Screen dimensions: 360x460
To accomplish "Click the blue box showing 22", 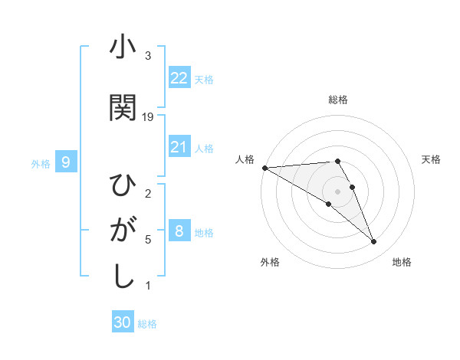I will [179, 77].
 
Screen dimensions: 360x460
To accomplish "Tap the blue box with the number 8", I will [179, 231].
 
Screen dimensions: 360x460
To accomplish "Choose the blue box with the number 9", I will [66, 162].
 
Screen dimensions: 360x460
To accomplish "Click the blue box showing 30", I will [123, 322].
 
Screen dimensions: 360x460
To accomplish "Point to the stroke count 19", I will [148, 117].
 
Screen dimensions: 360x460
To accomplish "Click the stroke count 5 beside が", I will [148, 240].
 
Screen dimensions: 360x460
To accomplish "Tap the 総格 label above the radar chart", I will [338, 100].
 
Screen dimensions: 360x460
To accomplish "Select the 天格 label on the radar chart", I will [432, 159].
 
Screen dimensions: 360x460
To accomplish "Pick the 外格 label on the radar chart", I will [270, 262].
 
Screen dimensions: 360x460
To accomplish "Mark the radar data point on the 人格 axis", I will [264, 167].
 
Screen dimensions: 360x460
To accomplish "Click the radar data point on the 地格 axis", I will [373, 242].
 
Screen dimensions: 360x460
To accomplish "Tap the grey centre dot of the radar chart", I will [337, 191].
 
